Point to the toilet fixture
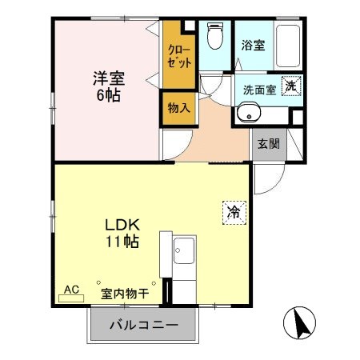(x=214, y=36)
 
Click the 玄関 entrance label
(x=268, y=145)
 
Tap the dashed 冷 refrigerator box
(x=234, y=212)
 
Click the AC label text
(x=70, y=289)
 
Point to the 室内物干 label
(x=125, y=294)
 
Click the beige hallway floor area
(x=216, y=132)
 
